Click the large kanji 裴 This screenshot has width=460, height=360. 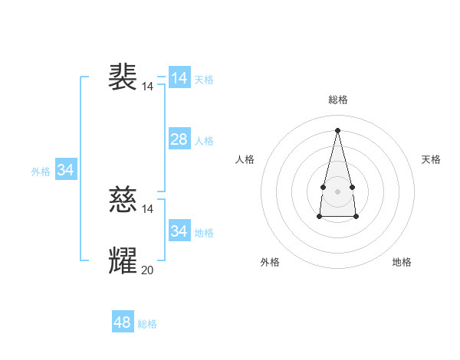(x=123, y=77)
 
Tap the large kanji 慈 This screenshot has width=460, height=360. (x=123, y=200)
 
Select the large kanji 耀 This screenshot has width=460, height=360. (x=123, y=261)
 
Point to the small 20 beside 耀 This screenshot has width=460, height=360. (x=147, y=270)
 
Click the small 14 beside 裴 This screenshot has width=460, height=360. (x=147, y=87)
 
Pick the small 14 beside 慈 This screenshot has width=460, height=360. (x=147, y=209)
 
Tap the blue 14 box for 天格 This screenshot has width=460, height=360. (x=179, y=78)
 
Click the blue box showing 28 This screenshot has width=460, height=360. (x=179, y=139)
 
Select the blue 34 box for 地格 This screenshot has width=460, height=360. (x=179, y=231)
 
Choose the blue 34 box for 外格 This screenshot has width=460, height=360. (x=66, y=170)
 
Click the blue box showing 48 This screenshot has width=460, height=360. (x=123, y=322)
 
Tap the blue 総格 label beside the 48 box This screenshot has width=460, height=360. (x=147, y=324)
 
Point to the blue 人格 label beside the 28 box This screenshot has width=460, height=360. (x=204, y=141)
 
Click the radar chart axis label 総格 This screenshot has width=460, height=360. (x=337, y=100)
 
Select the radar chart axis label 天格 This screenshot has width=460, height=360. (x=432, y=159)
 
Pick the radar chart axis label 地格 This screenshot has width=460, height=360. (x=402, y=262)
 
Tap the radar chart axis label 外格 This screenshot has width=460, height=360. (x=270, y=262)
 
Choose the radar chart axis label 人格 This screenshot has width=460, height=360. (x=245, y=159)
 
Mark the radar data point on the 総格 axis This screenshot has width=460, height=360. (x=337, y=130)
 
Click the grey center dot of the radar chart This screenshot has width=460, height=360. (x=337, y=191)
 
